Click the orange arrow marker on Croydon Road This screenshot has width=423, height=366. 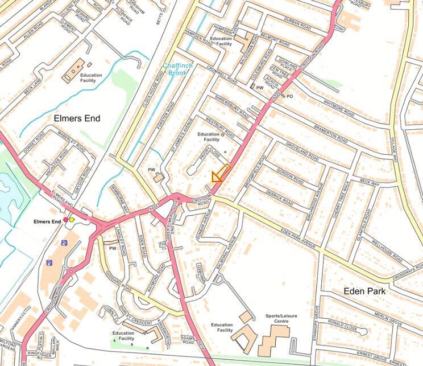220,174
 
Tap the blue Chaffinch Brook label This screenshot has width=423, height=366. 177,69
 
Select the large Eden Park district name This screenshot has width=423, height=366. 364,291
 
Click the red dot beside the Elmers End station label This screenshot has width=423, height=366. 65,219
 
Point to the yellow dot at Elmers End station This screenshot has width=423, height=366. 72,219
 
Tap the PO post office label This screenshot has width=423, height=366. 289,97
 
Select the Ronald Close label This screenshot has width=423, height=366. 359,328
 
